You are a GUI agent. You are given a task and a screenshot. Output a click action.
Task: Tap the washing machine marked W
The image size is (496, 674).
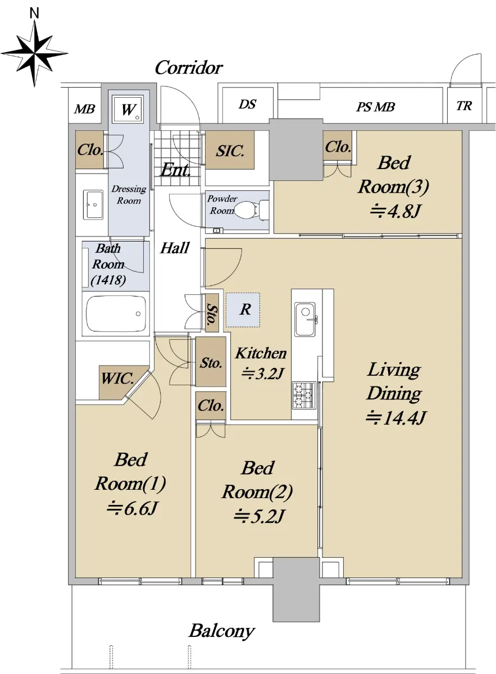[x=128, y=109]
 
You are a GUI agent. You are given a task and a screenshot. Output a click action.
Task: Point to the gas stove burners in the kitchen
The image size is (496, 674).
[x=304, y=395]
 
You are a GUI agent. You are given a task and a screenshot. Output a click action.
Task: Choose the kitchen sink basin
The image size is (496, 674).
[x=305, y=319]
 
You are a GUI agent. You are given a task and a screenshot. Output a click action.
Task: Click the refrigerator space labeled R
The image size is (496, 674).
[x=243, y=309]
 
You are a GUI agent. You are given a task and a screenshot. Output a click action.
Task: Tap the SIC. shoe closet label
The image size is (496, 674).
[x=230, y=151]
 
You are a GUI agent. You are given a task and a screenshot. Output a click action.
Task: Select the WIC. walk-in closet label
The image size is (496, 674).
[x=117, y=378]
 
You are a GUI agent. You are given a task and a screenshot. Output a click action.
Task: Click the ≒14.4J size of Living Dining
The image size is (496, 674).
[x=395, y=418]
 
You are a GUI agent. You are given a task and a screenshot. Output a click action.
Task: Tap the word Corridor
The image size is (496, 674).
[x=189, y=68]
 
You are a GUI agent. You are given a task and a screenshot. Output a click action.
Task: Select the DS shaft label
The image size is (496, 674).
[x=247, y=104]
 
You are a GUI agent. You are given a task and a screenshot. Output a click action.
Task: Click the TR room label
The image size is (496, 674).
[x=464, y=106]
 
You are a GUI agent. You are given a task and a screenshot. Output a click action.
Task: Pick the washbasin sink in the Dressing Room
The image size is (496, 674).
[x=93, y=204]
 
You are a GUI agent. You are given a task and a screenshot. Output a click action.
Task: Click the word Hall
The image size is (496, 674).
[x=175, y=248]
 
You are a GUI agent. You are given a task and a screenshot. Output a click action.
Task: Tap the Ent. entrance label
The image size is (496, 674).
[x=175, y=170]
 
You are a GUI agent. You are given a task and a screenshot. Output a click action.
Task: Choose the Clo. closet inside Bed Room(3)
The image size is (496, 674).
[x=338, y=147]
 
